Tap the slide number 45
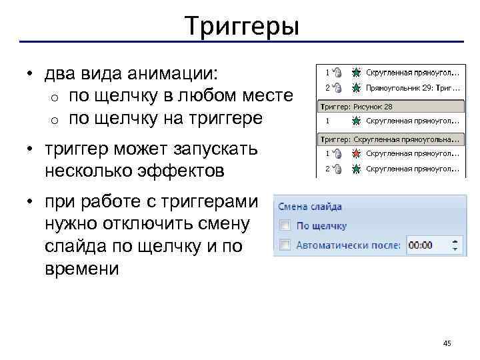click(x=447, y=343)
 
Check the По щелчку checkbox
click(x=285, y=225)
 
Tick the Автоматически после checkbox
click(x=285, y=245)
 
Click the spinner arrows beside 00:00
click(x=456, y=245)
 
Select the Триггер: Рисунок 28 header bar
click(x=389, y=105)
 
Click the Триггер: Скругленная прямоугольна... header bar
click(x=389, y=139)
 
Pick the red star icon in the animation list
click(x=357, y=155)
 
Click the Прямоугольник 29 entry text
click(x=413, y=87)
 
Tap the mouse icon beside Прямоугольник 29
click(x=337, y=87)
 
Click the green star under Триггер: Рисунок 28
click(x=357, y=121)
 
